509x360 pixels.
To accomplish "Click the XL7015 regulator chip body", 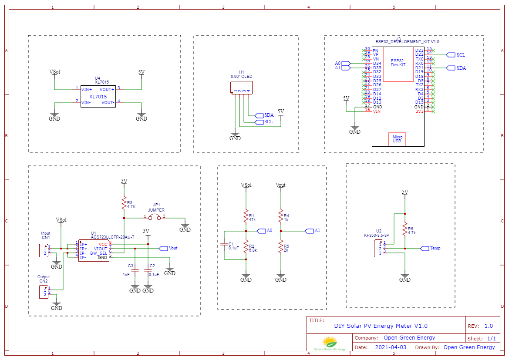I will pyautogui.click(x=98, y=96).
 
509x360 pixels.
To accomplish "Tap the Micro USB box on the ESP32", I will pyautogui.click(x=397, y=139).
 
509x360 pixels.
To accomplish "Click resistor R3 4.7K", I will pyautogui.click(x=124, y=203).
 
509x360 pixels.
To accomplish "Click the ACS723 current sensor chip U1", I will pyautogui.click(x=94, y=251).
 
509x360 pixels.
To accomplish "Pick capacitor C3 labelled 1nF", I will pyautogui.click(x=135, y=270).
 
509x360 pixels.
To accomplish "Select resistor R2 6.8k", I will pyautogui.click(x=246, y=247).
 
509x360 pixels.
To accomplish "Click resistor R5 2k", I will pyautogui.click(x=281, y=248).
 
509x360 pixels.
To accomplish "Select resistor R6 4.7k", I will pyautogui.click(x=405, y=229).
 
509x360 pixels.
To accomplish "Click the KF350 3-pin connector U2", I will pyautogui.click(x=378, y=249).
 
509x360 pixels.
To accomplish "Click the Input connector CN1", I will pyautogui.click(x=44, y=251).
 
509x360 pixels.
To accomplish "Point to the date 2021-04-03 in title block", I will pyautogui.click(x=391, y=347).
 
